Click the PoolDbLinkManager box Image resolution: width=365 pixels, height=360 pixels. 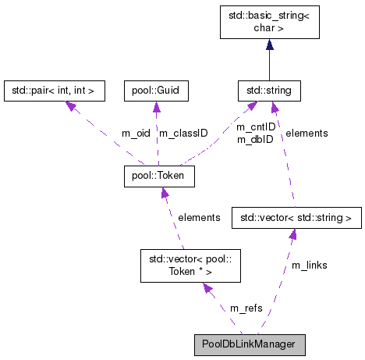pyautogui.click(x=250, y=344)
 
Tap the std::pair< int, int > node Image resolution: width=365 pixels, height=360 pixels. pyautogui.click(x=54, y=91)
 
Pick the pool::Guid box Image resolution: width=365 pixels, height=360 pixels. pyautogui.click(x=157, y=91)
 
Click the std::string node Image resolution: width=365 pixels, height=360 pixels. pyautogui.click(x=269, y=91)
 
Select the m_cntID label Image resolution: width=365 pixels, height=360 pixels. pyautogui.click(x=256, y=127)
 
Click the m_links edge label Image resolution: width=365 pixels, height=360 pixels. pyautogui.click(x=309, y=266)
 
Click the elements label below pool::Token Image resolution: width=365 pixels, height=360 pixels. pyautogui.click(x=199, y=217)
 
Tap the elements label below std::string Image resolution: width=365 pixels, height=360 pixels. pyautogui.click(x=307, y=134)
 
